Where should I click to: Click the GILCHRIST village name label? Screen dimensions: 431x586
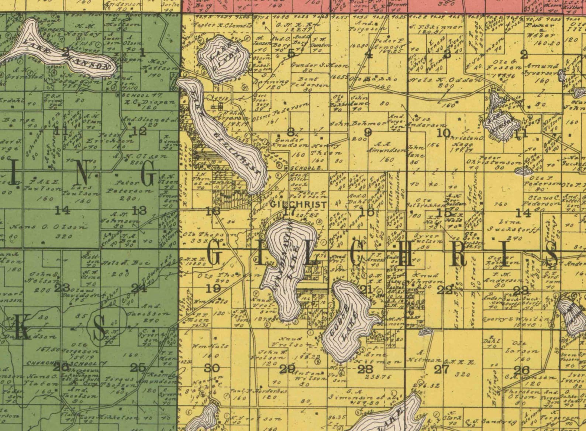298,204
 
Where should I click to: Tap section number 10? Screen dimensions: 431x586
443,133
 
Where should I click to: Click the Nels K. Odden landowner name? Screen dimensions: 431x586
445,80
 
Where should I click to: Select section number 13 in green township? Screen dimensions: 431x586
139,211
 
